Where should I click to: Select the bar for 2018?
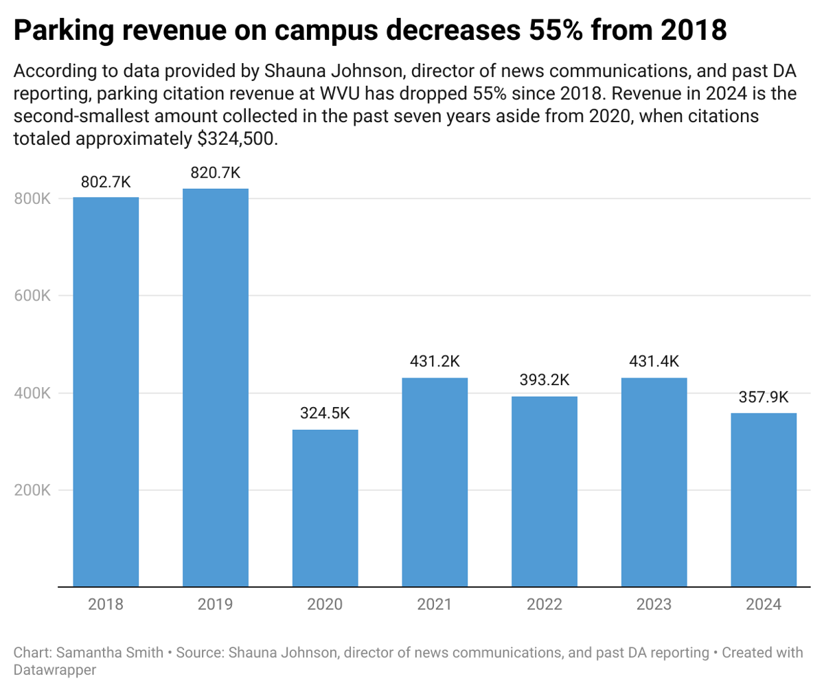[106, 391]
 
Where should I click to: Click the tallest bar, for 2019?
[215, 388]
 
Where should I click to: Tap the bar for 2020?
[325, 508]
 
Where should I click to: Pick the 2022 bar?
[545, 492]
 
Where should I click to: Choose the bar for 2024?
[764, 500]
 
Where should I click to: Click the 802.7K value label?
[106, 182]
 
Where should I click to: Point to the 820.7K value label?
[215, 174]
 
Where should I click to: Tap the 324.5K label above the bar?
[325, 414]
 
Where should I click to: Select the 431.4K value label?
[654, 362]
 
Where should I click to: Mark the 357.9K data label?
[764, 397]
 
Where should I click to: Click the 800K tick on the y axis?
[32, 198]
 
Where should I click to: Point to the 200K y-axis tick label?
[32, 490]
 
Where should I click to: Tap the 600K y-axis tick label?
[32, 296]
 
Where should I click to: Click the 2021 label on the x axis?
[435, 605]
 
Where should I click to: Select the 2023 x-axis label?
[654, 605]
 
